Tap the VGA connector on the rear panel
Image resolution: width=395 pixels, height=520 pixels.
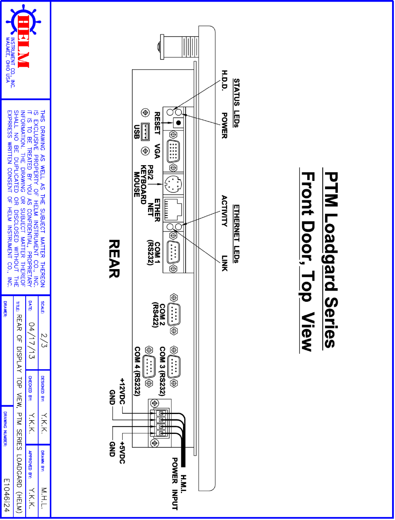click(173, 151)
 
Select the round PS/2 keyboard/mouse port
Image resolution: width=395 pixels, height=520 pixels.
click(173, 184)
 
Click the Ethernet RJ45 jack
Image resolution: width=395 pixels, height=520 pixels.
click(173, 209)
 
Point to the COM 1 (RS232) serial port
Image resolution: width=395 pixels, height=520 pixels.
click(173, 252)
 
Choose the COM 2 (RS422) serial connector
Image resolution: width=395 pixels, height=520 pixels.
click(174, 314)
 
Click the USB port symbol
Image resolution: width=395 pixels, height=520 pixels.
click(145, 132)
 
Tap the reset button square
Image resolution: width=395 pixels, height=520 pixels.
click(178, 123)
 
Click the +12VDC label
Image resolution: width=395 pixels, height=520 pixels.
click(122, 391)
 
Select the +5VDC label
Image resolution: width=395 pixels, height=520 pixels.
click(122, 452)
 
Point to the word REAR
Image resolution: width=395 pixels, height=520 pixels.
click(114, 259)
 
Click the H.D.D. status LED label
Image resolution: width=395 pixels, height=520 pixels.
click(224, 80)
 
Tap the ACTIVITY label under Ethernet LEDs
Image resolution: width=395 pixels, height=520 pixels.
click(224, 211)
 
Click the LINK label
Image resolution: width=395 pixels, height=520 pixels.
click(224, 263)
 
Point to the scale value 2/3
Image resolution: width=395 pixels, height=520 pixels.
click(44, 340)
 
